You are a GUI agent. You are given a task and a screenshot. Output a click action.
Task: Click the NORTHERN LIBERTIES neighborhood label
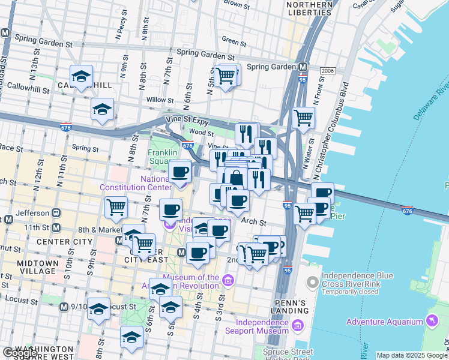(310, 8)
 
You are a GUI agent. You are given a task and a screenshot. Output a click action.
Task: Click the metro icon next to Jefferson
(56, 212)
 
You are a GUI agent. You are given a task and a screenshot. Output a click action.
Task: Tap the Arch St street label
(253, 221)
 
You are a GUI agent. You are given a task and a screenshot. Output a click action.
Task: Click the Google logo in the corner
(20, 353)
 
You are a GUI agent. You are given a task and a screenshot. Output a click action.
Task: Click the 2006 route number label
(327, 71)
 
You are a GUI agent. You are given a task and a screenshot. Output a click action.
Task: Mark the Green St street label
(231, 41)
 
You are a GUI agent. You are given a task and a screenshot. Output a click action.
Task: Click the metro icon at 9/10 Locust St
(65, 307)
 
